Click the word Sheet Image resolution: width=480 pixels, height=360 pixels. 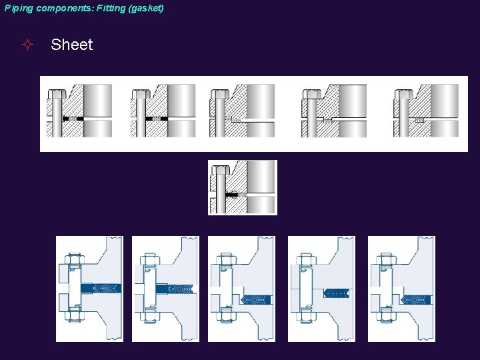point(71,45)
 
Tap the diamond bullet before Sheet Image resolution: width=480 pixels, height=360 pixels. point(27,45)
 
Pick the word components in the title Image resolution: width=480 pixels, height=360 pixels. point(59,8)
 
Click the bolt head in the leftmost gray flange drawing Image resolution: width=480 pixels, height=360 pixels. point(56,93)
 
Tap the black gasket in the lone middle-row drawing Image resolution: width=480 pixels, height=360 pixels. point(232,195)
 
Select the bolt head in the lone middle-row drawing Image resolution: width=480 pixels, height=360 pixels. point(220,169)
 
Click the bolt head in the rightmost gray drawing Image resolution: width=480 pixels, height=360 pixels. point(403,93)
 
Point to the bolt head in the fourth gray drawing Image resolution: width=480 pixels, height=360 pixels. point(311,93)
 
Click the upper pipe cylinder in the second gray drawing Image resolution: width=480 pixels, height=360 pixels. point(181,100)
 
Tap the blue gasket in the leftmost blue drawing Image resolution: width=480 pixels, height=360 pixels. point(101,288)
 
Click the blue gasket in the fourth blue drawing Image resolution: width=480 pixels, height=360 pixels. point(336,293)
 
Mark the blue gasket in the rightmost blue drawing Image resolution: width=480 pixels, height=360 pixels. point(415,300)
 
